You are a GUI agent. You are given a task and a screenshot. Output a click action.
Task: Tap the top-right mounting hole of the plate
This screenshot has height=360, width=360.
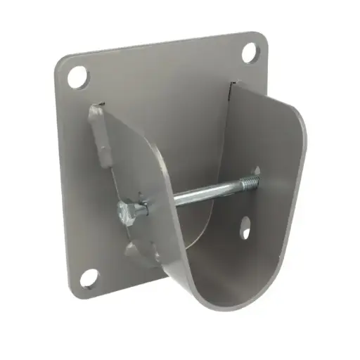coord(250,51)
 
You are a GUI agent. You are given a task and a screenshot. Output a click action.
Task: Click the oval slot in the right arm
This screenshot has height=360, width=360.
coord(247,226)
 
